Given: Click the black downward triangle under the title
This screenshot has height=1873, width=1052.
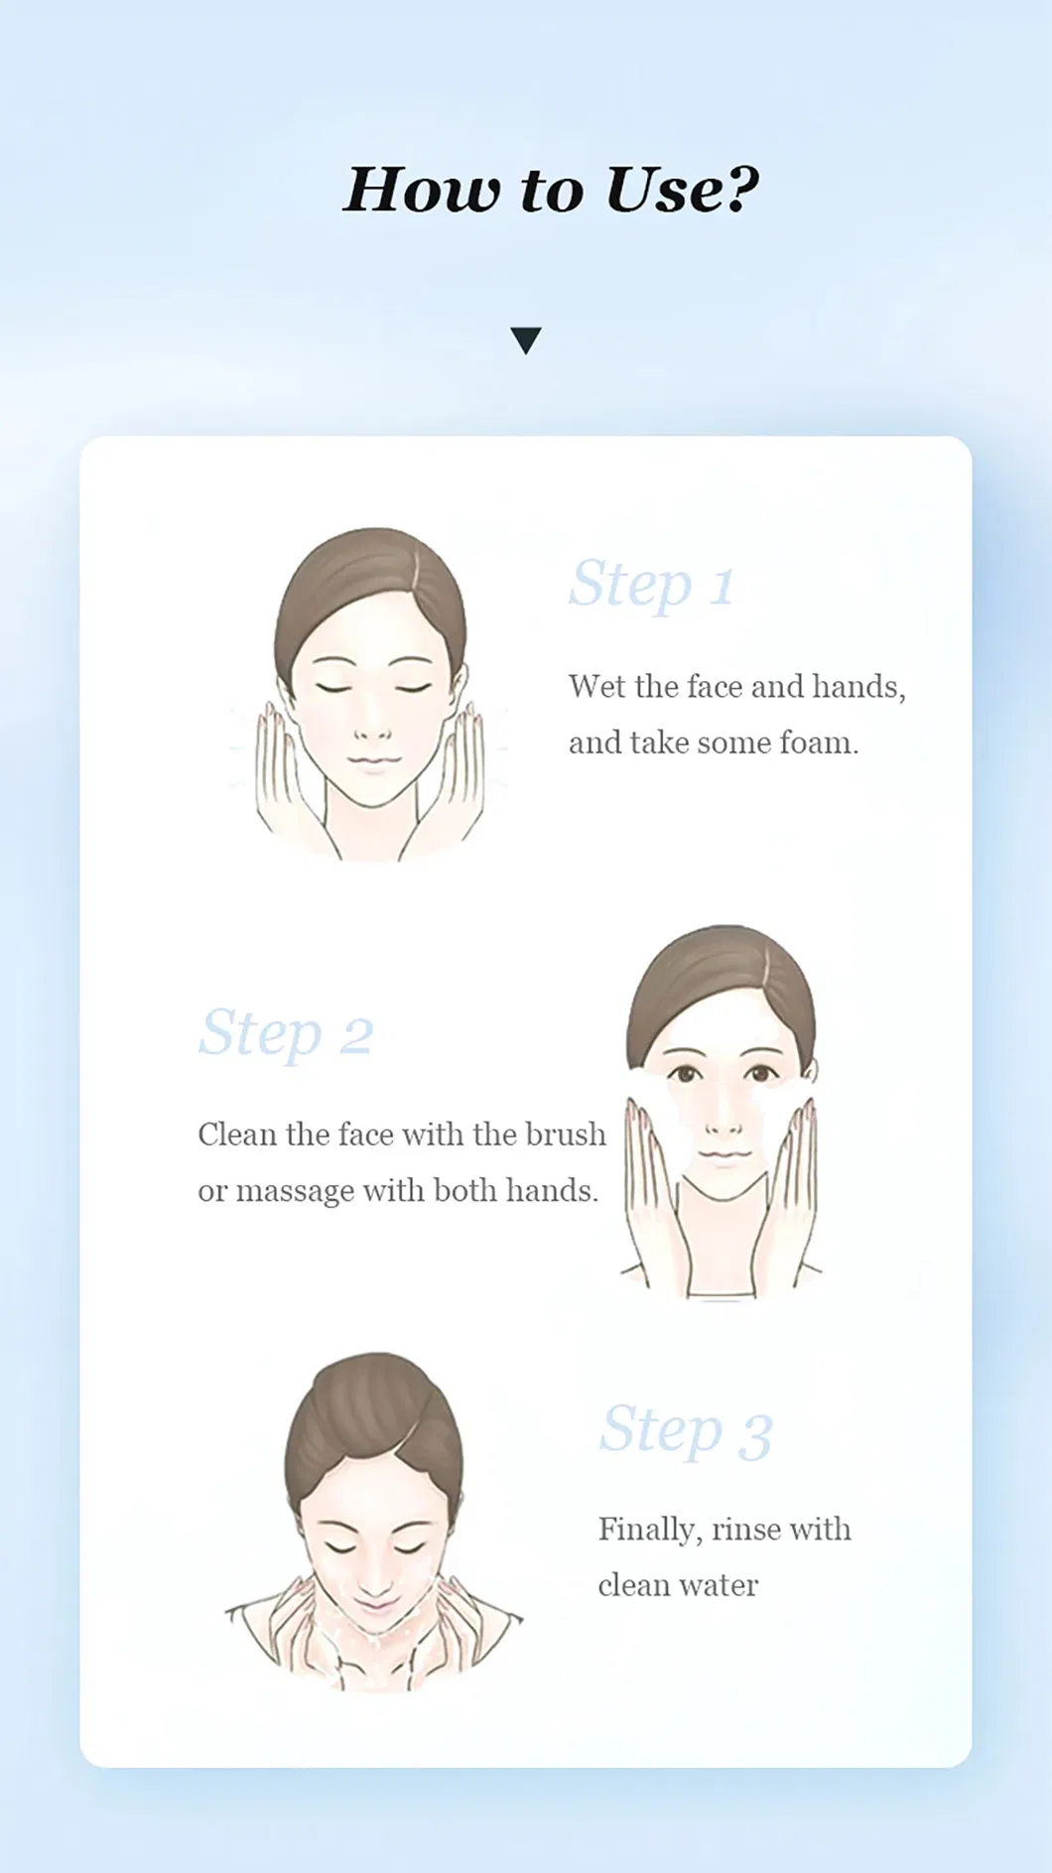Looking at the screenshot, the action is click(x=526, y=340).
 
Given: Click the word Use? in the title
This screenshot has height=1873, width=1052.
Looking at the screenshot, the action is click(x=682, y=190).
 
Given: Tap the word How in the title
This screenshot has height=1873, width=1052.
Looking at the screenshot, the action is click(x=422, y=190).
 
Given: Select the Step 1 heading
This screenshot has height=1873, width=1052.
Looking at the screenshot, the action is click(x=652, y=585).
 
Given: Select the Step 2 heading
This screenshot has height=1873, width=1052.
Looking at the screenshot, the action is click(x=286, y=1034).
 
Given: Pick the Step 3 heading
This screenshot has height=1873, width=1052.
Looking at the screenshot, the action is click(x=686, y=1431).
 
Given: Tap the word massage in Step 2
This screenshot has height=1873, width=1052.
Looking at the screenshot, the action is click(x=295, y=1192).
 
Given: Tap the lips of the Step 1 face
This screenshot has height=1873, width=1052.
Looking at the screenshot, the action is click(x=372, y=762).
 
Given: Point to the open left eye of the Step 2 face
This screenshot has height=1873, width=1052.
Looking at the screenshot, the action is click(x=684, y=1073).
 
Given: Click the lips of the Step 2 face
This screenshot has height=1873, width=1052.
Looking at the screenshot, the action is click(x=723, y=1154).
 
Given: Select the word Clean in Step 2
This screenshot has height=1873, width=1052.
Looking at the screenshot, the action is click(x=237, y=1134).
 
